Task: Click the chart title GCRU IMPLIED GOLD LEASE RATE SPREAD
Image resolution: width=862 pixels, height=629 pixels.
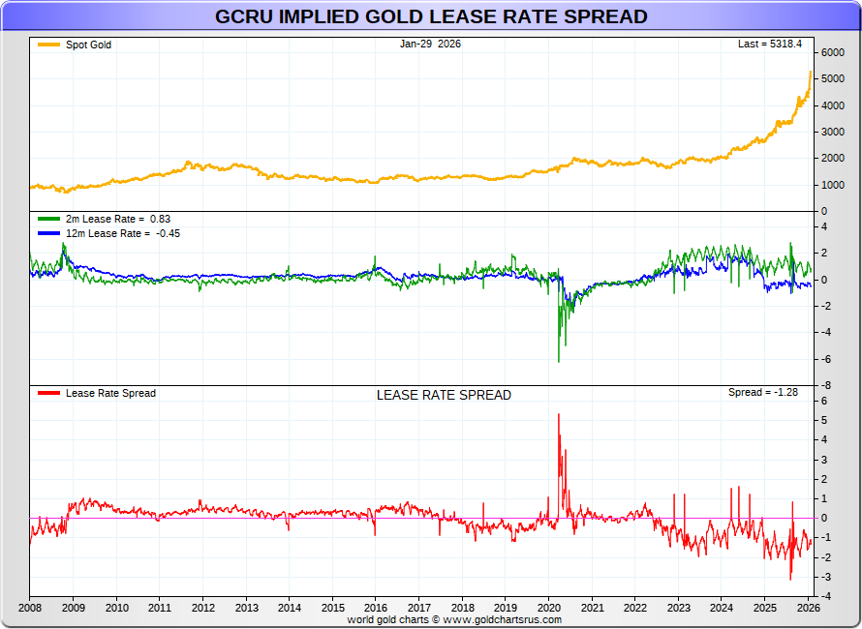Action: click(431, 17)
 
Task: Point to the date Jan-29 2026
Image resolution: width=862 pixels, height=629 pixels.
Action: click(430, 44)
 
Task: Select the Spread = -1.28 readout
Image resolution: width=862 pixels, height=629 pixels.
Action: click(762, 393)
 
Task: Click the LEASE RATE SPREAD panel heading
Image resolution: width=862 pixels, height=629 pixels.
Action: click(444, 395)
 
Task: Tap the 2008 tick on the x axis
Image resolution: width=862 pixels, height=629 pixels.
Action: click(30, 608)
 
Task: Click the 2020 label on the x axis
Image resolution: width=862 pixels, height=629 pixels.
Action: click(549, 608)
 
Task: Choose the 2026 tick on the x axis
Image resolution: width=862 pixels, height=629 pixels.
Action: click(809, 608)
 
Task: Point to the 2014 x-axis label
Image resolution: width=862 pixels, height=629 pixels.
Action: click(290, 608)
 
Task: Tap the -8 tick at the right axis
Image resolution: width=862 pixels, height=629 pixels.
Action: click(825, 385)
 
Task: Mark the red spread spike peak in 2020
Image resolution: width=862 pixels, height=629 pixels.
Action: click(559, 414)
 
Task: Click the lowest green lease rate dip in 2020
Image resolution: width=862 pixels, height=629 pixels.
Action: click(559, 362)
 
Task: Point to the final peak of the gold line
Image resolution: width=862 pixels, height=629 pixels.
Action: click(811, 71)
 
